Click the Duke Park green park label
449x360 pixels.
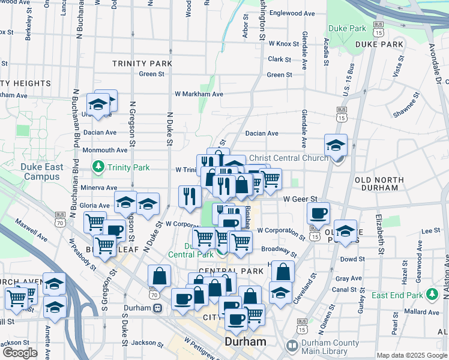click(x=347, y=28)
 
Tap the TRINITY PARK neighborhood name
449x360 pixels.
click(x=142, y=63)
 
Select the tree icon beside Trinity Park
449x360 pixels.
click(x=98, y=166)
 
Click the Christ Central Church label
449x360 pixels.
click(x=289, y=158)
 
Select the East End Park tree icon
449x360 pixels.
click(x=431, y=294)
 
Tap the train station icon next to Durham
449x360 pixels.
click(x=157, y=308)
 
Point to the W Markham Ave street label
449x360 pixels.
click(x=199, y=94)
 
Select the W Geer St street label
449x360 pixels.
click(x=300, y=199)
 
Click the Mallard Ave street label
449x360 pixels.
click(x=424, y=312)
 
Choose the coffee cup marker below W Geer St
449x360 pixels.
click(x=318, y=212)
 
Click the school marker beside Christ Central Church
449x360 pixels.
click(x=336, y=145)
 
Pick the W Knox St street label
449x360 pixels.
click(x=284, y=44)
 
